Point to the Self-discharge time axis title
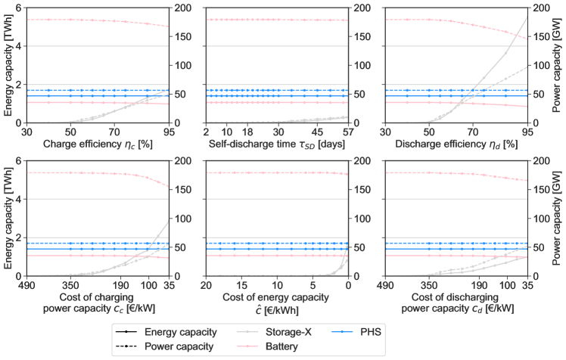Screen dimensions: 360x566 click(275, 142)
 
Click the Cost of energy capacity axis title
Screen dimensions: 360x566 click(275, 297)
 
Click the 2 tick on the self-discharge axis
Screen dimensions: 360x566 click(206, 131)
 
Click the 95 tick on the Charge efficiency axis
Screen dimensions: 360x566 click(167, 131)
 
